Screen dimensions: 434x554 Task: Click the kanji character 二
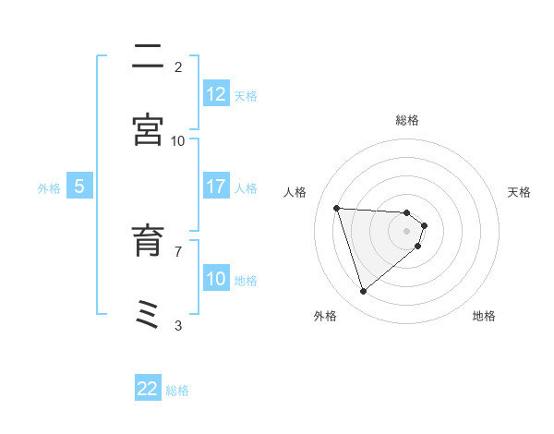click(149, 57)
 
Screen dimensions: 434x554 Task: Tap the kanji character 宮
click(149, 130)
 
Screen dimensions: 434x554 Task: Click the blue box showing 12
click(216, 94)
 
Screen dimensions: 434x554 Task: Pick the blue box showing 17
click(216, 187)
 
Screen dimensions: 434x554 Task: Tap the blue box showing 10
click(216, 279)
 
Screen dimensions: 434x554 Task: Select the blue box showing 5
click(79, 187)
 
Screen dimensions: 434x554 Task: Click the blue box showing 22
click(148, 389)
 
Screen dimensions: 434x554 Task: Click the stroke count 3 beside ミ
click(178, 325)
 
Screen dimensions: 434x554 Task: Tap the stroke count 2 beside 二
click(178, 67)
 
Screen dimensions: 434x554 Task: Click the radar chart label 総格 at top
click(407, 120)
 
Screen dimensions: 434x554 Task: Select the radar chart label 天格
click(519, 192)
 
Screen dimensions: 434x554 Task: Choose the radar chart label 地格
click(484, 316)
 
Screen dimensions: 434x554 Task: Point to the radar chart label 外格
click(325, 316)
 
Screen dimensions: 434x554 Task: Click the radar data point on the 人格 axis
click(337, 208)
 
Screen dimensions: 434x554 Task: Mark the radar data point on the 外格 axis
click(363, 292)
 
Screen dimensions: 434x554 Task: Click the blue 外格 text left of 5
click(49, 187)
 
